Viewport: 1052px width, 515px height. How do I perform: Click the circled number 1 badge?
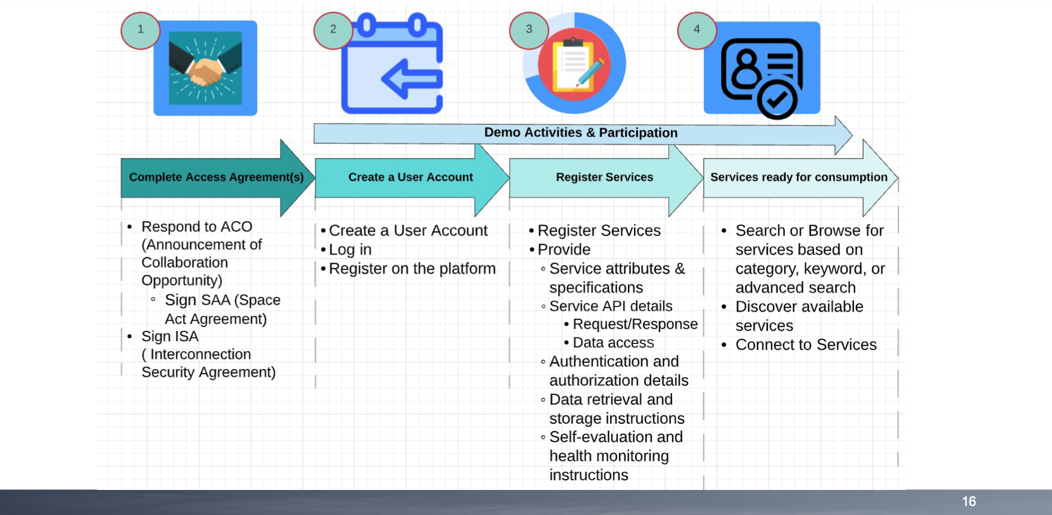point(140,30)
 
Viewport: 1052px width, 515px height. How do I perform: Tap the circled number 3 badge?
point(528,30)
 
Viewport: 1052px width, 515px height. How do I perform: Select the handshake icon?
point(205,69)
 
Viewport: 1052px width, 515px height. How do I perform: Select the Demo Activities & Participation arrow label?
point(580,133)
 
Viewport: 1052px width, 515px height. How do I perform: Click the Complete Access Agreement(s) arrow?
point(216,178)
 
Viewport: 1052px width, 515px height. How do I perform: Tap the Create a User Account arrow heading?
point(410,178)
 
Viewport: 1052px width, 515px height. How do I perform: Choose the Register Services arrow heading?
point(604,178)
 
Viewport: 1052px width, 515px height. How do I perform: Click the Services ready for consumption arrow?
point(799,178)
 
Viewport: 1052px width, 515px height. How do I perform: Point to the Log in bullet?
point(350,250)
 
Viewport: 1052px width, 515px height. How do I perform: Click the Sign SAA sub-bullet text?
point(222,309)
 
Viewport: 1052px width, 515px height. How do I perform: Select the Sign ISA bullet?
point(170,337)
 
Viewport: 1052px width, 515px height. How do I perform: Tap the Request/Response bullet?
point(635,324)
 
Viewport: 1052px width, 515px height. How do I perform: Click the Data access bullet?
point(613,343)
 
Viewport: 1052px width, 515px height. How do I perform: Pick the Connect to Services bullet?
point(806,345)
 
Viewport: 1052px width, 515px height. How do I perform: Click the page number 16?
point(969,502)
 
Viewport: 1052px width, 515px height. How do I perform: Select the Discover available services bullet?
point(799,316)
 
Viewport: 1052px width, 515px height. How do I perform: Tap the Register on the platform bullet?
point(412,269)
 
